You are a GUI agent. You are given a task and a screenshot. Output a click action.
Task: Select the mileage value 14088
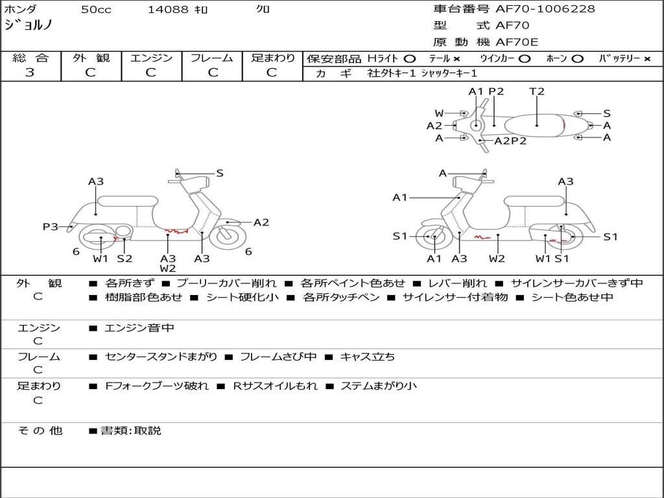pyautogui.click(x=168, y=10)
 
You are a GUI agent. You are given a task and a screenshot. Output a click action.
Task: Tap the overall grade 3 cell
pyautogui.click(x=30, y=73)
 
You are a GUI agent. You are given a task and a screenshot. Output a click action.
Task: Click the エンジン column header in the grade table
pyautogui.click(x=151, y=58)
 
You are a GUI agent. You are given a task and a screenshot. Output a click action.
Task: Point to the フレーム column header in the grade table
pyautogui.click(x=212, y=58)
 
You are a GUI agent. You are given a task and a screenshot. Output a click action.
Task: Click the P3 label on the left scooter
pyautogui.click(x=51, y=227)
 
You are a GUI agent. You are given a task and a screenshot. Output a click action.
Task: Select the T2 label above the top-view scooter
pyautogui.click(x=537, y=91)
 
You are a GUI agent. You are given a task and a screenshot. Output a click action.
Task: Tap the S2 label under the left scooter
pyautogui.click(x=124, y=259)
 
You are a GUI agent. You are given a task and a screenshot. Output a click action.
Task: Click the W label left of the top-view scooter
pyautogui.click(x=439, y=113)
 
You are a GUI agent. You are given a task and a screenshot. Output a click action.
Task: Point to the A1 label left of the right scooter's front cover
pyautogui.click(x=399, y=197)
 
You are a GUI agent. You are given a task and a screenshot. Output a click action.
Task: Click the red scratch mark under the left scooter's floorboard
pyautogui.click(x=176, y=231)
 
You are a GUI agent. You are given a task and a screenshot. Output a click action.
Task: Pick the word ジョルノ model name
pyautogui.click(x=29, y=25)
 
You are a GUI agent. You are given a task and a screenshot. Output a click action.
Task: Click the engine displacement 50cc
pyautogui.click(x=96, y=10)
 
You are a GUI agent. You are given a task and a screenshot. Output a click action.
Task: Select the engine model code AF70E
pyautogui.click(x=517, y=42)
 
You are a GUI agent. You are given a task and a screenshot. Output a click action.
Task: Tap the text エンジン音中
pyautogui.click(x=139, y=328)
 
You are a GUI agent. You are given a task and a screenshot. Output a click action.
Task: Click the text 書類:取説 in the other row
pyautogui.click(x=130, y=431)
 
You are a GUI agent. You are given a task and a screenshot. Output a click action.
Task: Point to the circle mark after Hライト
pyautogui.click(x=409, y=58)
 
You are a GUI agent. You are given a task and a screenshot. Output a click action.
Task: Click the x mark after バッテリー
pyautogui.click(x=646, y=58)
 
